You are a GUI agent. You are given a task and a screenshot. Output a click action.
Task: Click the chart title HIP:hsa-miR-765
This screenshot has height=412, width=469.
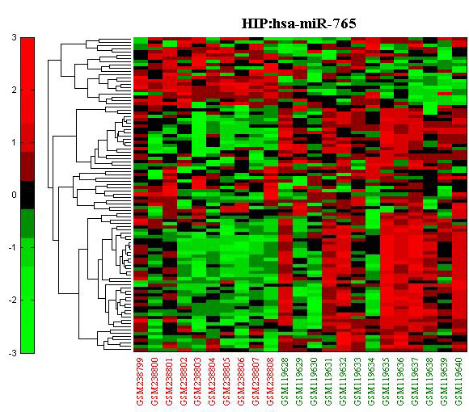point(299,23)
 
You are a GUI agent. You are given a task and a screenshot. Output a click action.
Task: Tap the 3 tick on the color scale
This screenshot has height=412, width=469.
point(14,38)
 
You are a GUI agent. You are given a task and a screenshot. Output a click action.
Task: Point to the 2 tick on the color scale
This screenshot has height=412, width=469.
point(14,90)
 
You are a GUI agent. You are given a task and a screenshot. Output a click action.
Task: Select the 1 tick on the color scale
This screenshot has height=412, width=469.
point(14,142)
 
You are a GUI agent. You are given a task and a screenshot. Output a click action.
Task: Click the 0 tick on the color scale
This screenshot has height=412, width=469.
point(14,195)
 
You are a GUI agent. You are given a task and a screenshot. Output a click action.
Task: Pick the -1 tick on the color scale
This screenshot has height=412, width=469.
point(13,248)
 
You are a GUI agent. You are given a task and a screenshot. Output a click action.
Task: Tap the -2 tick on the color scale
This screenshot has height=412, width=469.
point(13,301)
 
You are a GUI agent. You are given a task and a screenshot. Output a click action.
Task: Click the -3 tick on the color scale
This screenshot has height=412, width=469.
point(13,353)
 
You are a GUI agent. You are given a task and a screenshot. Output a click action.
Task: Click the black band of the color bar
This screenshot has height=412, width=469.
point(27,195)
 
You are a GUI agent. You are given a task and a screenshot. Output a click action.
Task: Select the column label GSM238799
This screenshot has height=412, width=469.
point(140,381)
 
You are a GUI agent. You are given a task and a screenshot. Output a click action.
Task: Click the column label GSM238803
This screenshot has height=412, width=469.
point(198,381)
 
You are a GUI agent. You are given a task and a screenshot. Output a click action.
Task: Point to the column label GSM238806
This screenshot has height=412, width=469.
point(242,381)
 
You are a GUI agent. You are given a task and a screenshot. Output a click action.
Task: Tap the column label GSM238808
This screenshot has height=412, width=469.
point(271,381)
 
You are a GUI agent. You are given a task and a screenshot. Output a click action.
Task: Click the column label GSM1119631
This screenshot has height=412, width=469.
point(329,381)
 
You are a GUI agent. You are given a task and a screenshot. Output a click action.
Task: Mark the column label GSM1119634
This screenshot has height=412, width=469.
point(372,381)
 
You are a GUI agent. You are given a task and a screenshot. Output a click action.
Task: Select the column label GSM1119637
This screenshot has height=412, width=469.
point(416,381)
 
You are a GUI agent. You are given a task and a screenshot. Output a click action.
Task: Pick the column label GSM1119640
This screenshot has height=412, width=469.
point(459,381)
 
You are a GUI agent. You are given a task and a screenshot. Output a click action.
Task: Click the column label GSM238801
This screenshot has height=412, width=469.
point(169,381)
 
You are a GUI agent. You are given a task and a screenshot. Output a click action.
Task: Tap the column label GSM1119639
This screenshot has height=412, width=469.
point(445,381)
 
